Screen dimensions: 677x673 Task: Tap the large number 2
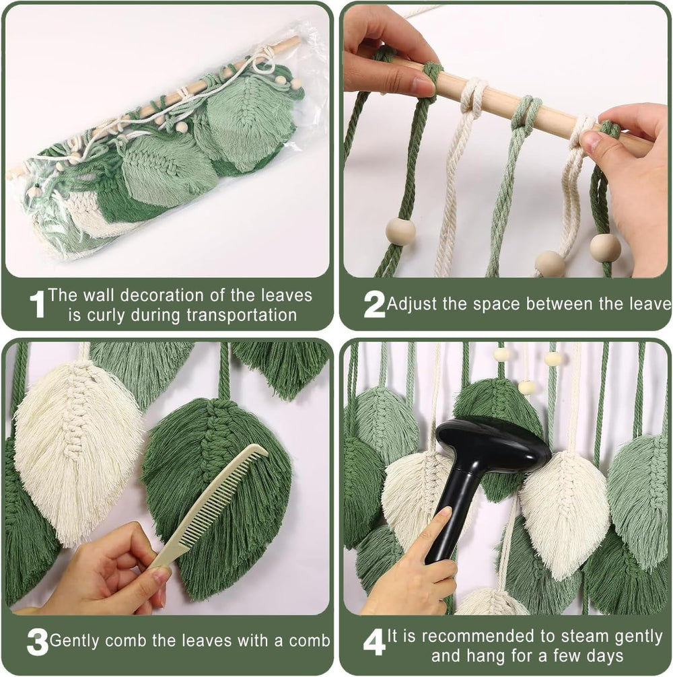pyautogui.click(x=374, y=304)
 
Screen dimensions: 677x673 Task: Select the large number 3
pyautogui.click(x=37, y=642)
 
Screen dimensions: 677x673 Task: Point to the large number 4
pyautogui.click(x=374, y=642)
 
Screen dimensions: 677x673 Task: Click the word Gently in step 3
pyautogui.click(x=74, y=640)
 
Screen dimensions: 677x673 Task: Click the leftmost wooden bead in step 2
pyautogui.click(x=400, y=231)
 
